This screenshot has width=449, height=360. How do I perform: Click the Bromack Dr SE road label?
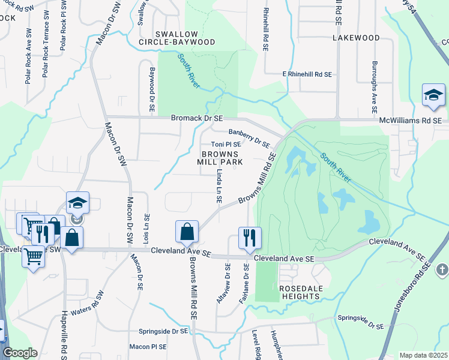coord(196,119)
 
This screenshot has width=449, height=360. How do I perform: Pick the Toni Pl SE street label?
coord(226,145)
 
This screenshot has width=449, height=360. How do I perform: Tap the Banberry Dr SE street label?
coord(250,137)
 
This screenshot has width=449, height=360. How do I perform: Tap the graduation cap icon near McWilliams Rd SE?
coord(433,95)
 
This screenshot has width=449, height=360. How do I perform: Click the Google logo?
coord(20,353)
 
